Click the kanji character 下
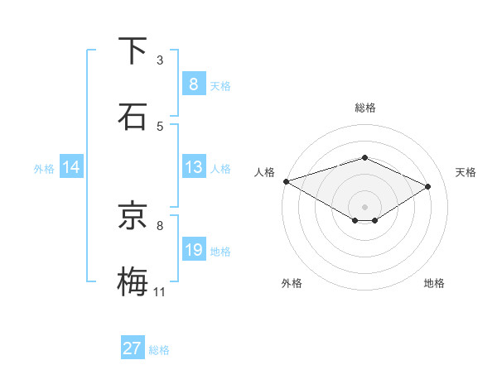133,50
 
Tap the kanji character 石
133,116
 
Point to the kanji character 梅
133,281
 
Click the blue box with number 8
193,84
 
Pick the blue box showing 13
193,167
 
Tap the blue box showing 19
193,250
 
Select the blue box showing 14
71,167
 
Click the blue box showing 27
133,348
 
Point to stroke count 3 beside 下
160,60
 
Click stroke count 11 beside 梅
160,291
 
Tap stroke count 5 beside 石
160,126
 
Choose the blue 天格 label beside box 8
220,85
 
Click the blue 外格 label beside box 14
44,168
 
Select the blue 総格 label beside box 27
159,350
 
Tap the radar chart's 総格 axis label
364,108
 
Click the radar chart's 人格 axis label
264,172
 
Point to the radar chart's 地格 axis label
434,283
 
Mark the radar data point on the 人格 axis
286,180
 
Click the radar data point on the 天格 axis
428,186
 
